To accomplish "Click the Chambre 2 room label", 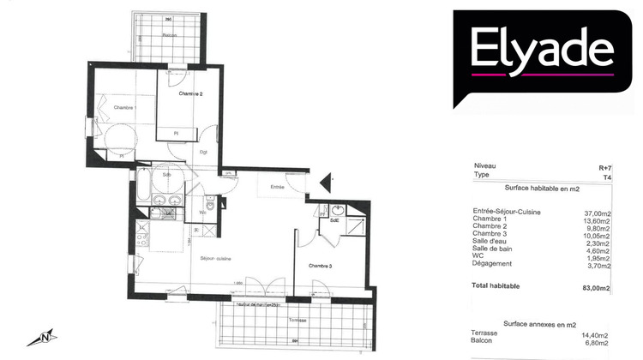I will [190, 93].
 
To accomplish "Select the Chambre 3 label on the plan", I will [320, 265].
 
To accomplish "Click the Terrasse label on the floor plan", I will [297, 320].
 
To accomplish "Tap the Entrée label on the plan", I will [277, 186].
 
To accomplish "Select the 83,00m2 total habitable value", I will [595, 285].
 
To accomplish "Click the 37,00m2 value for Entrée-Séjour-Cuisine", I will [596, 212].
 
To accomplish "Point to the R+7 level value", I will [605, 168].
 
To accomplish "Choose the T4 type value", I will [607, 176].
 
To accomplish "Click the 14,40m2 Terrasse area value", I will [595, 333].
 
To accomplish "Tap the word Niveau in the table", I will [485, 168].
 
